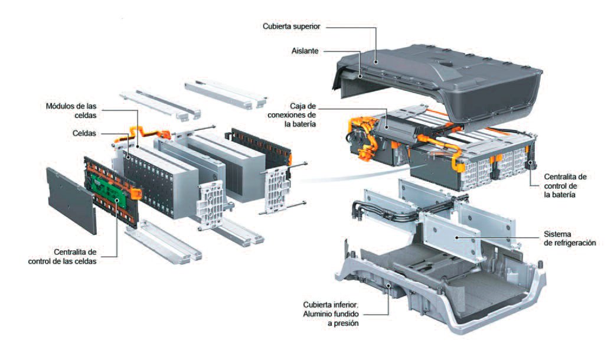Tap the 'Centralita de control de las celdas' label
(x=62, y=257)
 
